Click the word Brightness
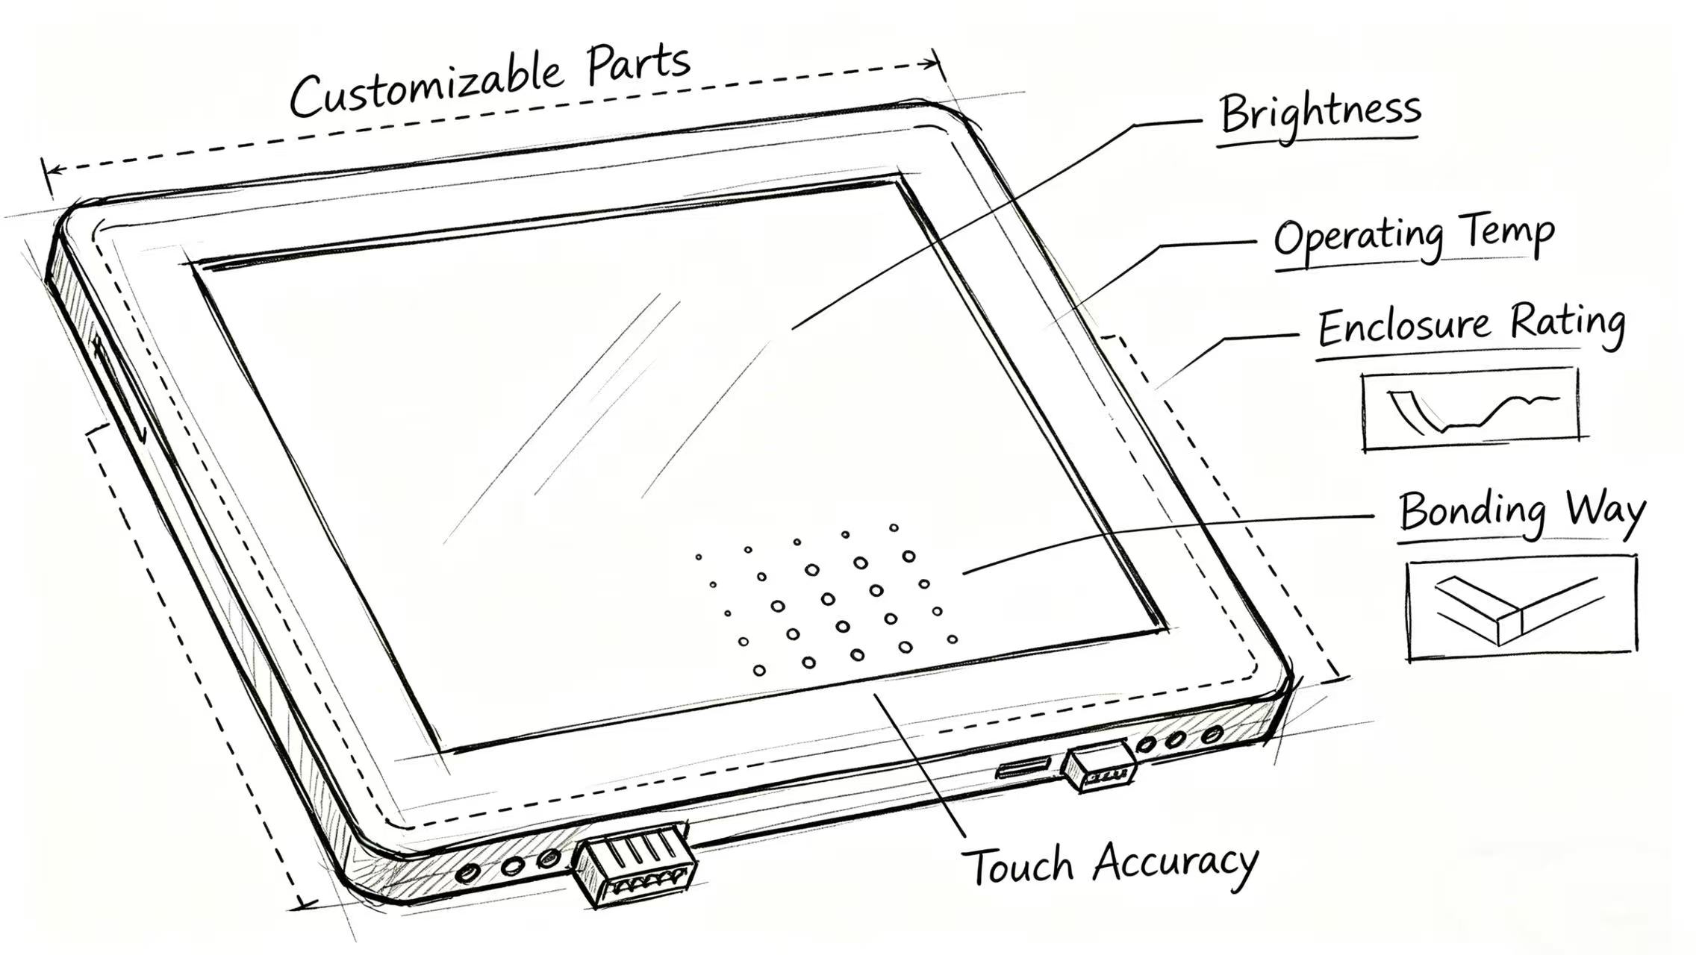[x=1320, y=113]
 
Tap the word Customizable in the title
[x=425, y=88]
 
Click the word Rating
[x=1568, y=322]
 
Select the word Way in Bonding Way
[x=1605, y=511]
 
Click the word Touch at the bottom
[x=1019, y=865]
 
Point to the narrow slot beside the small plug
[x=1023, y=768]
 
